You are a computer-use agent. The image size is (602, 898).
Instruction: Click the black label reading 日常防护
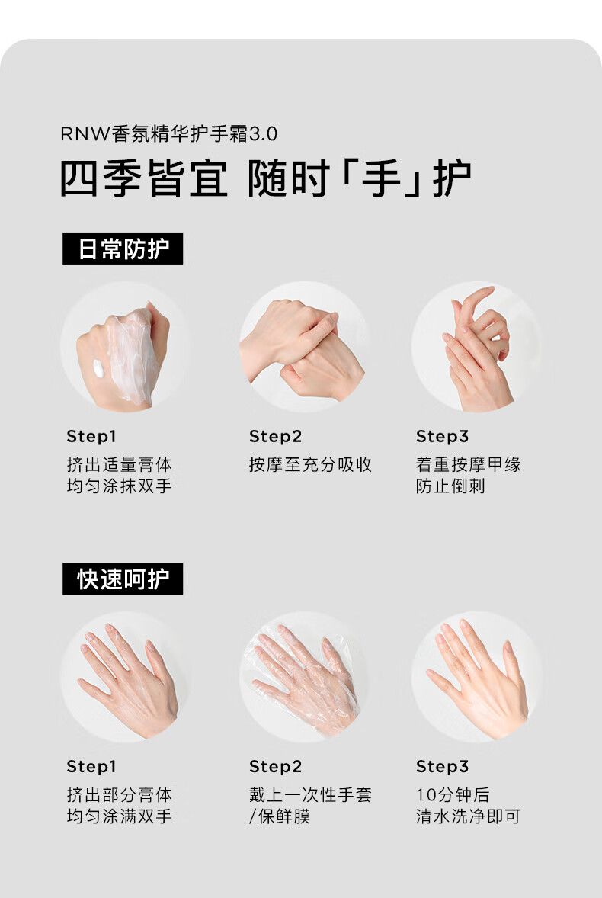pos(123,249)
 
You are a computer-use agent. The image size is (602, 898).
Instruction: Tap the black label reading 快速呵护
pos(123,579)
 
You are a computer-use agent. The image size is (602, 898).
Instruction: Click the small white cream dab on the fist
pos(98,368)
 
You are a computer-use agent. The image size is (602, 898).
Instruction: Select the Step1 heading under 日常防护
pos(91,436)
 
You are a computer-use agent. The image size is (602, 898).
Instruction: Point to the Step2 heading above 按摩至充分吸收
pos(275,436)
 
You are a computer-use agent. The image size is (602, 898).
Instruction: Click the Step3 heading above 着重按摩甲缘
pos(442,436)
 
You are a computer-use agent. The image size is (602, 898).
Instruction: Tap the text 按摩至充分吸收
pos(310,464)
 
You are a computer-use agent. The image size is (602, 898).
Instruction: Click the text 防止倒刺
pos(450,486)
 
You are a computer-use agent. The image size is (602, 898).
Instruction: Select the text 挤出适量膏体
pos(119,464)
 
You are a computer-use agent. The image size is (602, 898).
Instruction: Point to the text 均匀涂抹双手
pos(119,486)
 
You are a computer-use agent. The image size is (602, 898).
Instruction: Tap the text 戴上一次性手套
pos(310,794)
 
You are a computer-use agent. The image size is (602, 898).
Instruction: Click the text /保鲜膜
pos(279,816)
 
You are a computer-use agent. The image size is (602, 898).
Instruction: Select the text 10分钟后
pos(453,794)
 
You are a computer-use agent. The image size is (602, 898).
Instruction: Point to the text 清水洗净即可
pos(468,816)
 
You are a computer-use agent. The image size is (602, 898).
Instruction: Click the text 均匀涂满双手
pos(119,816)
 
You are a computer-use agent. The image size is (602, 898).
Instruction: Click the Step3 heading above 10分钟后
pos(442,766)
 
